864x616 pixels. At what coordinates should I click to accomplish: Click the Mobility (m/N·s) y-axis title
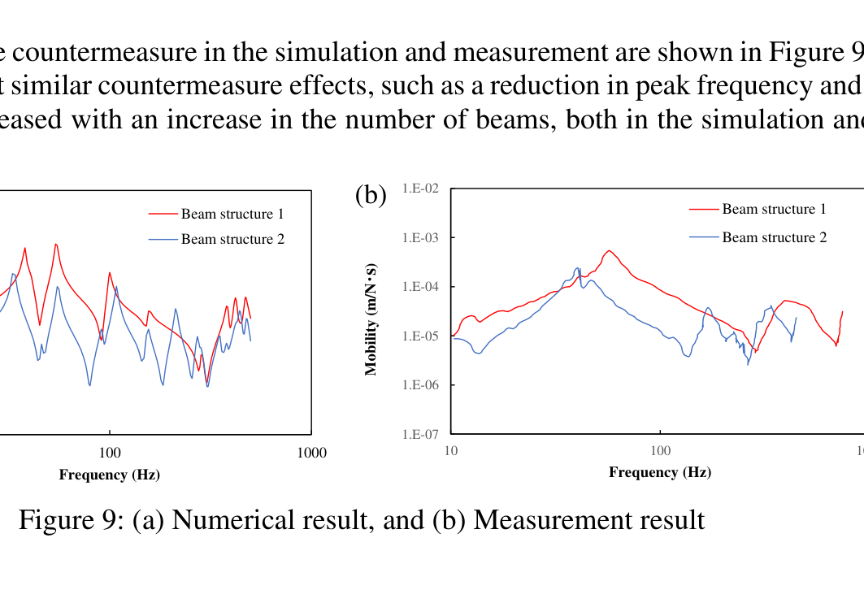(371, 320)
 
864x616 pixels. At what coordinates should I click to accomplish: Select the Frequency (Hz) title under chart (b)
(660, 472)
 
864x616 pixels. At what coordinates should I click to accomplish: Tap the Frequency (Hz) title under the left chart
(109, 475)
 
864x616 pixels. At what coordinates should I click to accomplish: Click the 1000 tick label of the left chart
(312, 453)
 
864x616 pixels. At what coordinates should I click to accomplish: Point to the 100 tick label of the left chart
(110, 453)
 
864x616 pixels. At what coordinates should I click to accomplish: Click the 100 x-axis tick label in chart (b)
(661, 451)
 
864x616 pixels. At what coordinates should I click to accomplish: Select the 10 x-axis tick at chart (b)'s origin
(451, 451)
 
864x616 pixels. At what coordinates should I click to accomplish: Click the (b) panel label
(371, 196)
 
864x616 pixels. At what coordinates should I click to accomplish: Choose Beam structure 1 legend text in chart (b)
(774, 210)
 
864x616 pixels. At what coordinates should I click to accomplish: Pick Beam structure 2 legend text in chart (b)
(774, 237)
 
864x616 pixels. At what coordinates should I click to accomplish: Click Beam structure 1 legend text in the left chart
(232, 215)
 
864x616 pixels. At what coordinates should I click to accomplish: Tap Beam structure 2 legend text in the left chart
(232, 239)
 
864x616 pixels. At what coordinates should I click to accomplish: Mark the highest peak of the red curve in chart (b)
(609, 250)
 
